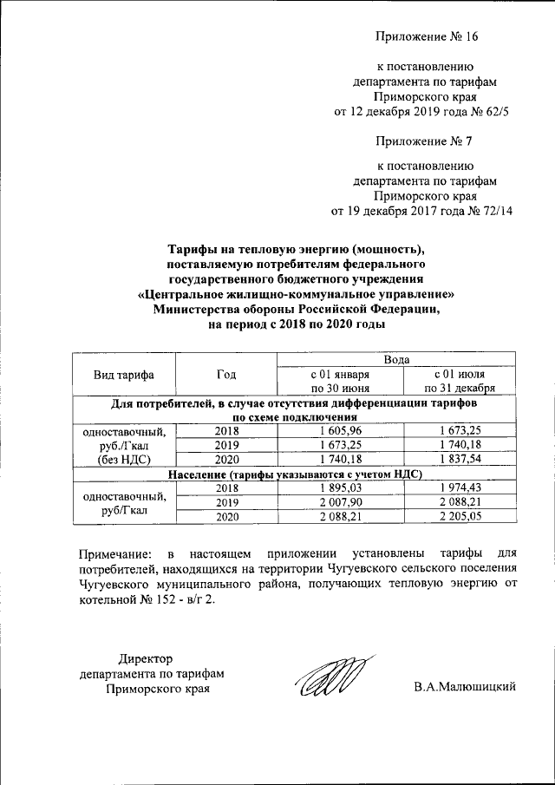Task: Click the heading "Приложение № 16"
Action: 427,36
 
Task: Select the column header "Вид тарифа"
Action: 124,374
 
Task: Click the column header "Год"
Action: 226,374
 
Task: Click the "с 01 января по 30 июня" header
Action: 340,381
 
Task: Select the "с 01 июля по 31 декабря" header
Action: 460,381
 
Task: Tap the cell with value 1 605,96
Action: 340,431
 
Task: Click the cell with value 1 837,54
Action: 460,459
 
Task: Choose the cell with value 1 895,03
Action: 340,488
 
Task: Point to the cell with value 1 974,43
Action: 460,488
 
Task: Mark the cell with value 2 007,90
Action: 340,502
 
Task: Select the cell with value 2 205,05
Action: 460,516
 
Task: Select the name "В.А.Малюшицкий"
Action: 465,689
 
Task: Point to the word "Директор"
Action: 147,659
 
